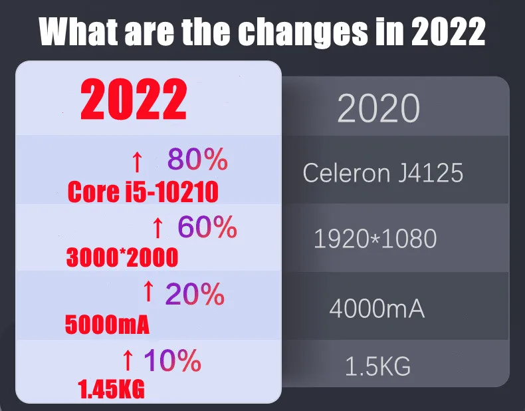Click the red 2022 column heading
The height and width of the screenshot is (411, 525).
point(134,100)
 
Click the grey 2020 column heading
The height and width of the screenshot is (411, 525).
point(378,108)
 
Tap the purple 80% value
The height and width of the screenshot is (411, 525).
point(197,160)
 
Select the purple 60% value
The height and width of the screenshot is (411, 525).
point(207,227)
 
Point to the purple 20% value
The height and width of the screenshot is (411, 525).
point(195,294)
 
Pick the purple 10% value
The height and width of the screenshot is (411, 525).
point(172,360)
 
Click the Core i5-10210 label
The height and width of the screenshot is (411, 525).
point(143,192)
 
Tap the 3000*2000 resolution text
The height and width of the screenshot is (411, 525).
point(122,257)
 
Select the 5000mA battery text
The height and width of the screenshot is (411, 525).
point(107,325)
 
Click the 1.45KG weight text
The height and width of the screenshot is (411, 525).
point(111,390)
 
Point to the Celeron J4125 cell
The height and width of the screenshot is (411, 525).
point(383,173)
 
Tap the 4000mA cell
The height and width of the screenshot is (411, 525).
point(377,309)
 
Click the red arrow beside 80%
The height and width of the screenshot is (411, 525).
point(136,161)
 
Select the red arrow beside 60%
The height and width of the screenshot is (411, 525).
point(157,229)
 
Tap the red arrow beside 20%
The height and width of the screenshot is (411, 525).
point(149,291)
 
